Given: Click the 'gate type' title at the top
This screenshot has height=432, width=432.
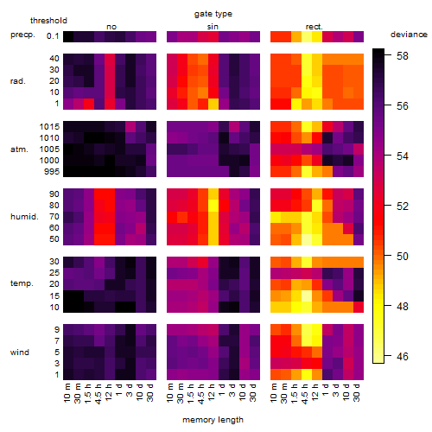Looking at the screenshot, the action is coord(213,14).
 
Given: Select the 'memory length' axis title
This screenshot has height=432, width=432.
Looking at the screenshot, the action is coord(213,420).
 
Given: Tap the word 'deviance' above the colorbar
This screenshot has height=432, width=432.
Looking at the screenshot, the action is coord(409,35).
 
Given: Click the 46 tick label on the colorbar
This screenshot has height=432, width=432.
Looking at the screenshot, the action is coord(402,357).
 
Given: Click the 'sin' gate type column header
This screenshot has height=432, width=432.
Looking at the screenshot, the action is coord(213,27).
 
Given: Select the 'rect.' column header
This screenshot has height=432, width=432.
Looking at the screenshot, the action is coord(314,27).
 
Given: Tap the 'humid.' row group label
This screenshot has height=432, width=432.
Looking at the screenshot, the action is coord(24,217).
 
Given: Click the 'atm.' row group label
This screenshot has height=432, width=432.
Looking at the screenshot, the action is coord(19,149).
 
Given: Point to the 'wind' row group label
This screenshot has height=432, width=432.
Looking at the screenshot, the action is coord(20,353).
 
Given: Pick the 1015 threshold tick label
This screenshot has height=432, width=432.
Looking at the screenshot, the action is coord(49,127).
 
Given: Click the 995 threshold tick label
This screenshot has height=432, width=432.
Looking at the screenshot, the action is coord(52,172).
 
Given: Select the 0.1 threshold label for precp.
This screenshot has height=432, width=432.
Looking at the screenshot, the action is coord(53,36).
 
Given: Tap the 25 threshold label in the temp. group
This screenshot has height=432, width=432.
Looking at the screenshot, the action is coord(54,272).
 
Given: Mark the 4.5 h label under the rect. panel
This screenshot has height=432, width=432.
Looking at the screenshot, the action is coord(305,393).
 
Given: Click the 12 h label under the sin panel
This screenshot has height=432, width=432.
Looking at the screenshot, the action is coord(212,391).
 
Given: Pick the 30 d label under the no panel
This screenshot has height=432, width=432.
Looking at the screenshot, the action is coord(149,392).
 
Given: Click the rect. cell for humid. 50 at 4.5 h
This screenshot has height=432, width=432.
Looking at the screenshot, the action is coord(307,239).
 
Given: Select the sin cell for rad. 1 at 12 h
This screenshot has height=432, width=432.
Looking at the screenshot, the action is coord(213,104).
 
